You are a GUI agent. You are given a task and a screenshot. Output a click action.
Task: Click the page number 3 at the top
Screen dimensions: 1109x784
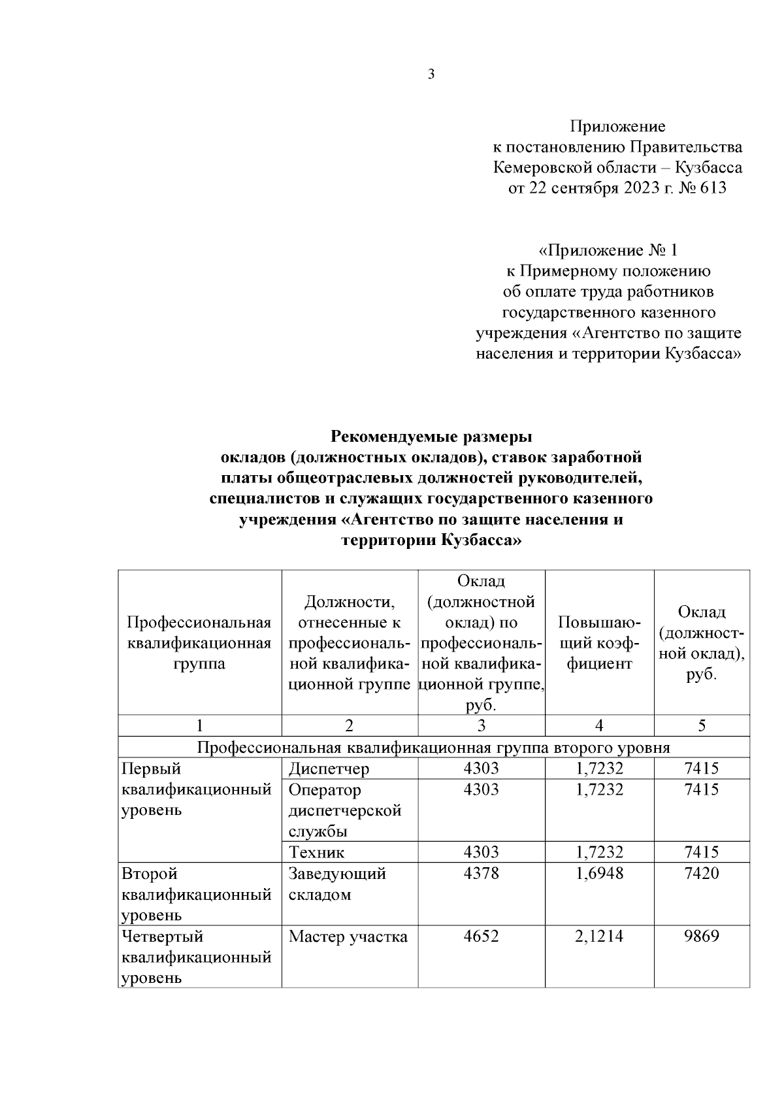coord(431,74)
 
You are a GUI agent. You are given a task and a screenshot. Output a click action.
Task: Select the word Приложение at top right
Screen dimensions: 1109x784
coord(617,126)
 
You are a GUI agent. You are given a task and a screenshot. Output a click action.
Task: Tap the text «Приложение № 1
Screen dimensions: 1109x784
coord(608,250)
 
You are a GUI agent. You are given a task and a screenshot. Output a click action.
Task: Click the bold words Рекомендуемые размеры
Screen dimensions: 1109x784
coord(431,436)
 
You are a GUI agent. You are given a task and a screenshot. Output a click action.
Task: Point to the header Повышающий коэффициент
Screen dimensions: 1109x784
coord(599,643)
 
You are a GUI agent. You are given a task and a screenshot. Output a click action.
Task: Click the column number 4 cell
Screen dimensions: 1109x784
coord(599,725)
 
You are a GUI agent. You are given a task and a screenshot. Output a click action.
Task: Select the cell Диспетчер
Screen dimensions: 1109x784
coord(329,769)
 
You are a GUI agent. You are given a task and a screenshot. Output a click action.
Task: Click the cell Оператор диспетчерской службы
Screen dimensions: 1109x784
coord(344,810)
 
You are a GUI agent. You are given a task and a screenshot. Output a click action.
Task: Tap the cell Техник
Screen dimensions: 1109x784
coord(316,852)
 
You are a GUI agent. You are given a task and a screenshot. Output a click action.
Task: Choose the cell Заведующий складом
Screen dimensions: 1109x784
coord(337,884)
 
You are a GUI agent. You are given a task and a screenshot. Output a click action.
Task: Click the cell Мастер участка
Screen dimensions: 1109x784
coord(348,936)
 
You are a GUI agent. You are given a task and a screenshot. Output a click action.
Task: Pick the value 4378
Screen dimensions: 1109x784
coord(481,873)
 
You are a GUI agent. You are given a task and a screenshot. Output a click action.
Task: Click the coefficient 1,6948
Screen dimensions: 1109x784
coord(599,873)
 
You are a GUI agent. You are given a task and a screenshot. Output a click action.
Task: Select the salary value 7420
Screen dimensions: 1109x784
coord(701,873)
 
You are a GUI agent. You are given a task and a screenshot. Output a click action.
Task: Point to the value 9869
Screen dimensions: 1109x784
coord(701,936)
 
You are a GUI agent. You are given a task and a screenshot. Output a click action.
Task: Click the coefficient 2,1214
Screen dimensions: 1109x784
coord(599,936)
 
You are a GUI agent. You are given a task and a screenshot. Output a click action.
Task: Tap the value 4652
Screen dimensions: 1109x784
coord(481,936)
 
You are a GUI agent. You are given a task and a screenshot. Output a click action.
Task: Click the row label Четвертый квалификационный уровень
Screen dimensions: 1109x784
coord(196,957)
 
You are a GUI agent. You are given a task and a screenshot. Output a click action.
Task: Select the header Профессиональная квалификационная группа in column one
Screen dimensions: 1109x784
coord(199,643)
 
